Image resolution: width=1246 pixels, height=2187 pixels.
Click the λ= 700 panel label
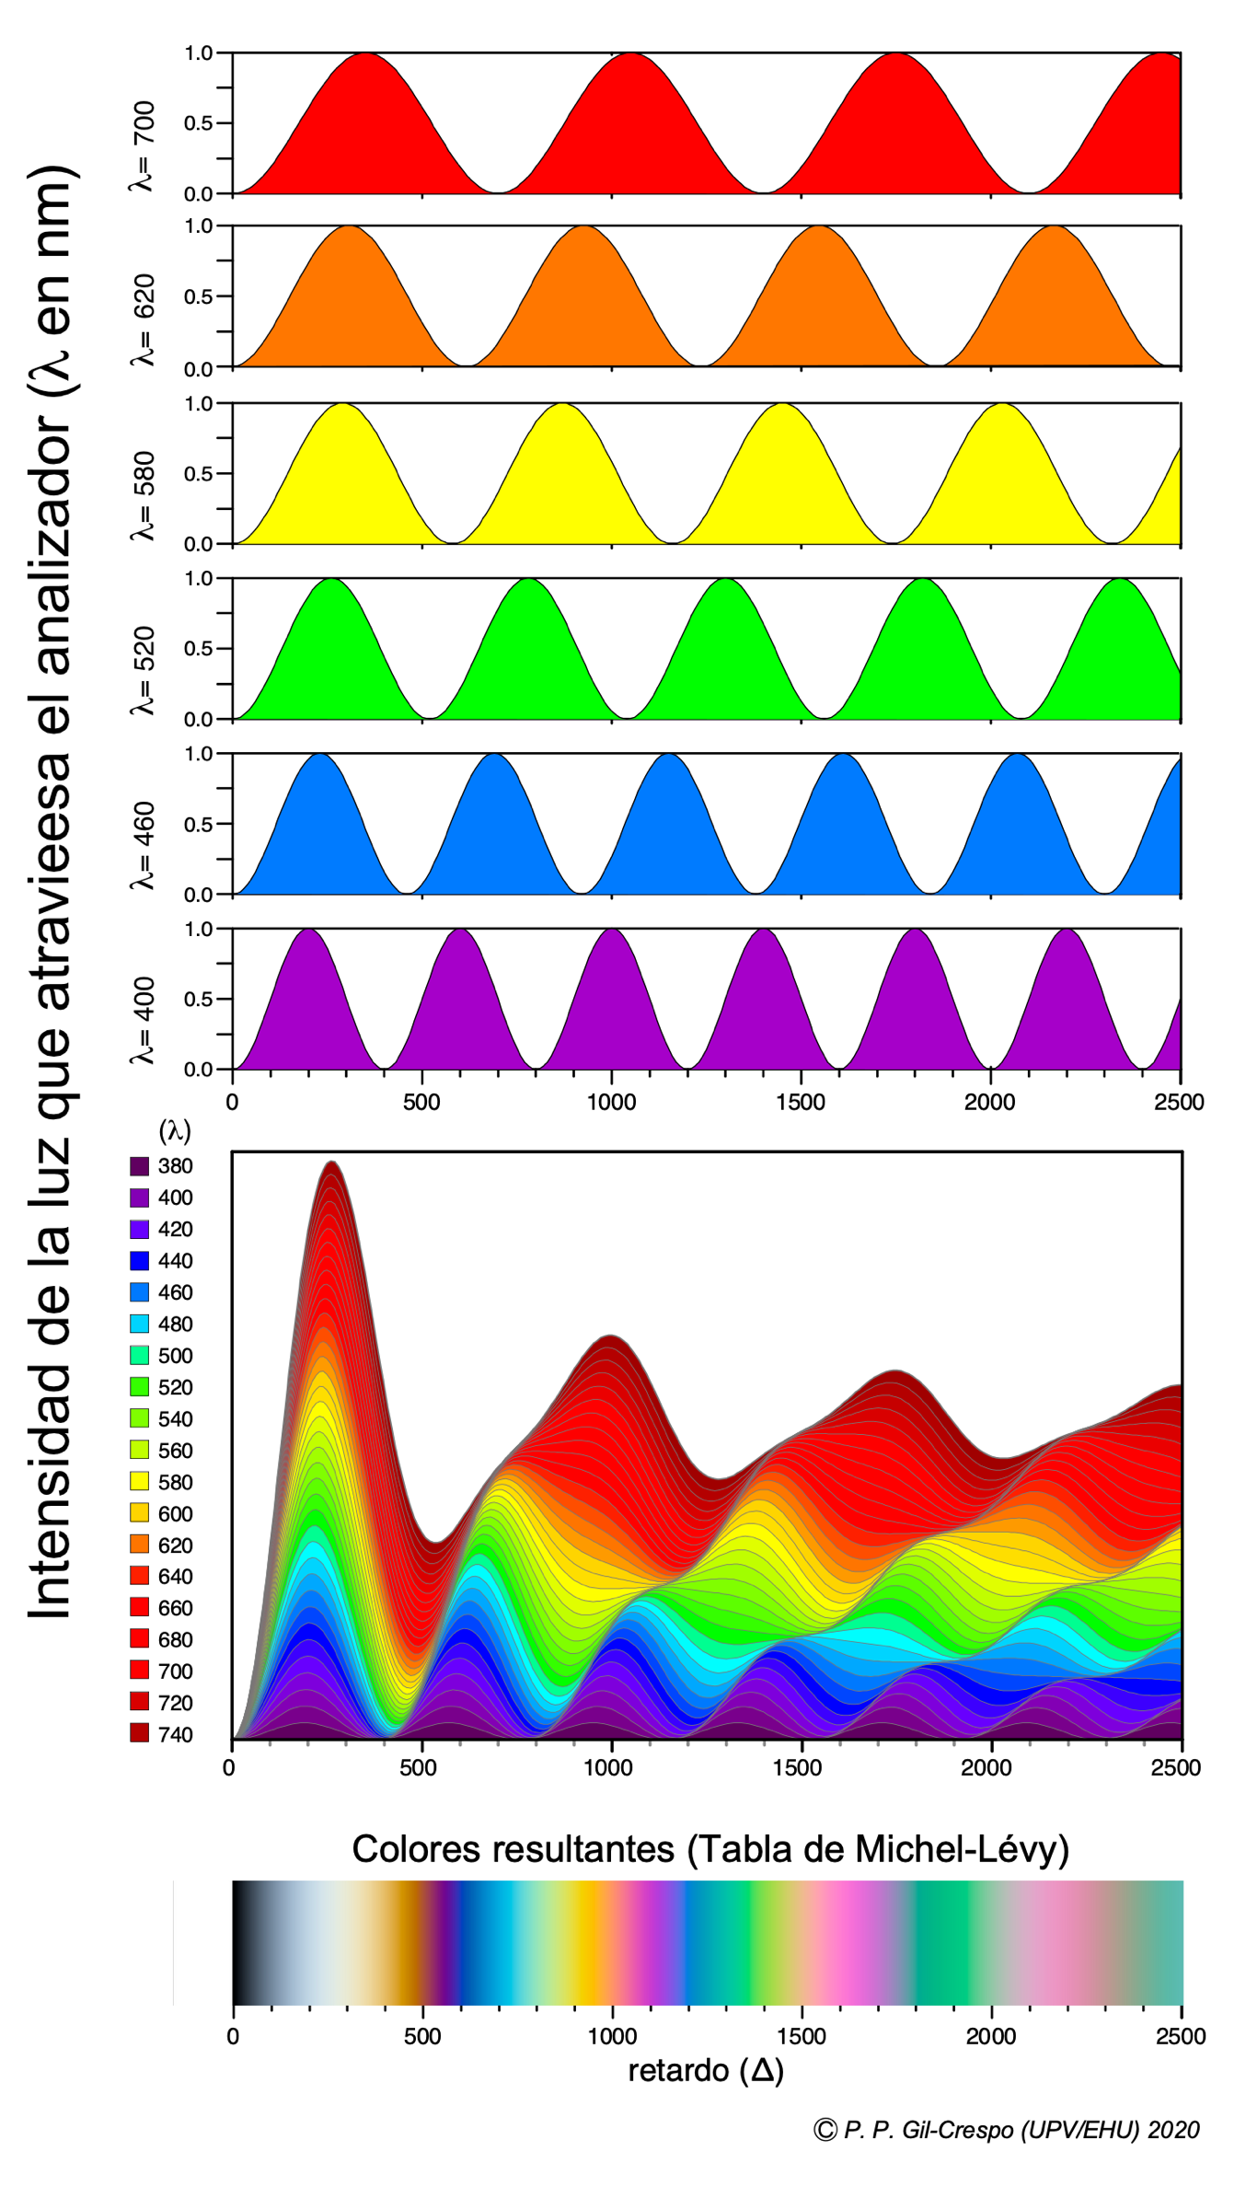coord(143,146)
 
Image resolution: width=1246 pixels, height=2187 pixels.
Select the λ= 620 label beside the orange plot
coord(143,320)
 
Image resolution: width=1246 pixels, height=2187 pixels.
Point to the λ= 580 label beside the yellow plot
coord(143,495)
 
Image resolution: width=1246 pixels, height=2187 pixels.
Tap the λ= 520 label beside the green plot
coord(143,670)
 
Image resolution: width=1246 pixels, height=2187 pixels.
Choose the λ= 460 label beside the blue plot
coord(143,845)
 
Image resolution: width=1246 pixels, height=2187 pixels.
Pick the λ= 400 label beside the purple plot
coord(143,1020)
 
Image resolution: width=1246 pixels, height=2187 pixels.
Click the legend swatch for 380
coord(139,1166)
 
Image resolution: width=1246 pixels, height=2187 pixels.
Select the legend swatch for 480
coord(139,1324)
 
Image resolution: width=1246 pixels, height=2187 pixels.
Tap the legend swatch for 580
coord(139,1482)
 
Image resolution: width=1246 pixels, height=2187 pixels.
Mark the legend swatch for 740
coord(139,1734)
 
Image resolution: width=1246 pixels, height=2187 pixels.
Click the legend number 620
coord(175,1545)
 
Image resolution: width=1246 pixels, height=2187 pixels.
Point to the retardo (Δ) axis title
coord(706,2070)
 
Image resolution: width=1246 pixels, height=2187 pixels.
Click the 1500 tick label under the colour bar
coord(801,2036)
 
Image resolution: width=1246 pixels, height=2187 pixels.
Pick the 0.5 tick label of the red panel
coord(198,123)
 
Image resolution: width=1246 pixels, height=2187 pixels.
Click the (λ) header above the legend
coord(175,1130)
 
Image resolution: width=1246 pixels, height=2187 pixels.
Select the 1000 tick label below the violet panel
coord(611,1102)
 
